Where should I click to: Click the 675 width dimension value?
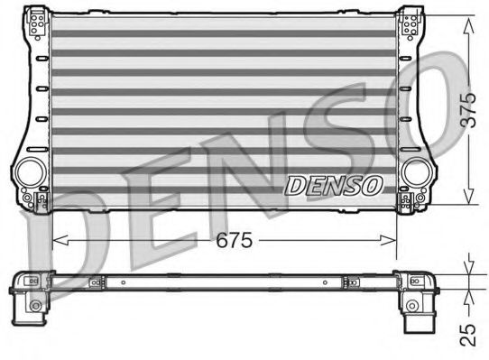click(x=227, y=241)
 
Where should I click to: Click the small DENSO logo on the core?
click(x=334, y=186)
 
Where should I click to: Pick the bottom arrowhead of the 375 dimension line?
click(x=467, y=200)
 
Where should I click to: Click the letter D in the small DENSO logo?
click(x=296, y=186)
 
